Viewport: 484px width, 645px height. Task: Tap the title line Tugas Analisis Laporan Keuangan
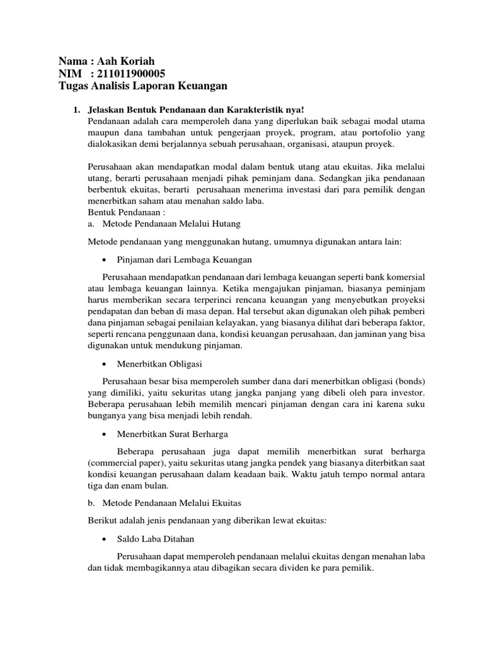(142, 85)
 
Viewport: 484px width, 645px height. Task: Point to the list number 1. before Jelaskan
(76, 110)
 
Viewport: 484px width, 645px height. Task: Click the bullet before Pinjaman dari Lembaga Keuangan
(103, 259)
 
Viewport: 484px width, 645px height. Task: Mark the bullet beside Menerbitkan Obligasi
(103, 365)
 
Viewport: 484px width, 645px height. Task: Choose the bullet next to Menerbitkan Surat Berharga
(103, 435)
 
